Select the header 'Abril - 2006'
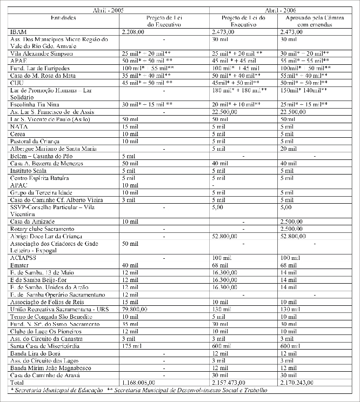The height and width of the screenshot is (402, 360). (x=283, y=11)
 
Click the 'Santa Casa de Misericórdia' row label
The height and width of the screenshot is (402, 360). (x=46, y=345)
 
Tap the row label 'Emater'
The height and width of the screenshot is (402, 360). (x=21, y=265)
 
